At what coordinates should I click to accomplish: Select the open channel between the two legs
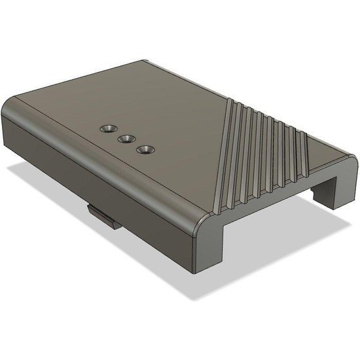pyautogui.click(x=275, y=216)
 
